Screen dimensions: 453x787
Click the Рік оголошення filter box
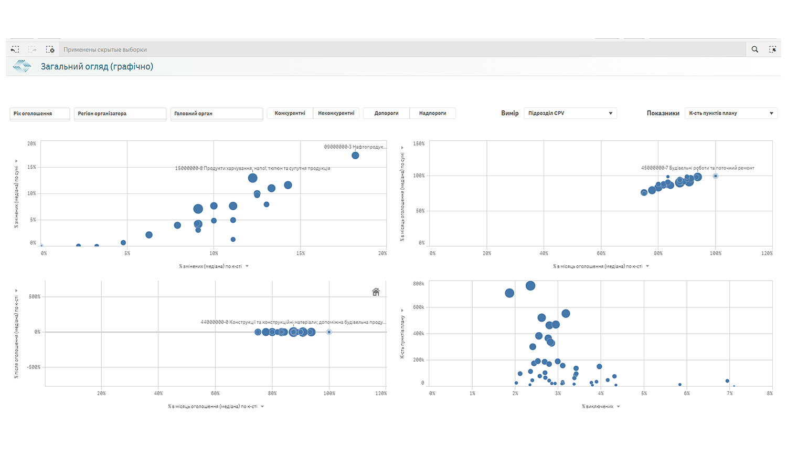click(39, 114)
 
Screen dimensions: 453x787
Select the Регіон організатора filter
click(120, 114)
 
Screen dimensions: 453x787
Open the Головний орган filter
click(216, 114)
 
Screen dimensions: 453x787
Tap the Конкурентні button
click(290, 113)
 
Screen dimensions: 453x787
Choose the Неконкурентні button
click(336, 113)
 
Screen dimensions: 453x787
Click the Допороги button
click(386, 113)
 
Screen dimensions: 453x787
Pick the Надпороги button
click(432, 113)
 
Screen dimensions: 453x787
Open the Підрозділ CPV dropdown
click(570, 113)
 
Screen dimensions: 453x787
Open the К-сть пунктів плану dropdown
click(731, 113)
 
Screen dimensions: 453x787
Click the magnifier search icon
click(754, 49)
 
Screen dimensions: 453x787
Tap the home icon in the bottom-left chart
click(376, 292)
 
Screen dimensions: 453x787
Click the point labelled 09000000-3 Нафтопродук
click(355, 156)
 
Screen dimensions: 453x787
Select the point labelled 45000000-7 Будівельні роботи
click(715, 176)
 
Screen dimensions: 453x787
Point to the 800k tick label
click(419, 284)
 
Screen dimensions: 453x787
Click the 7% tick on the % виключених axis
click(729, 393)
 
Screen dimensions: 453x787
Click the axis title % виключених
click(598, 406)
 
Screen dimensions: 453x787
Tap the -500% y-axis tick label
click(34, 367)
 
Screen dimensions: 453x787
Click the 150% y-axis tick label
click(419, 143)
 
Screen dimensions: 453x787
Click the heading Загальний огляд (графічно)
click(97, 67)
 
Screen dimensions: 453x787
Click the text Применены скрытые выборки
click(105, 50)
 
